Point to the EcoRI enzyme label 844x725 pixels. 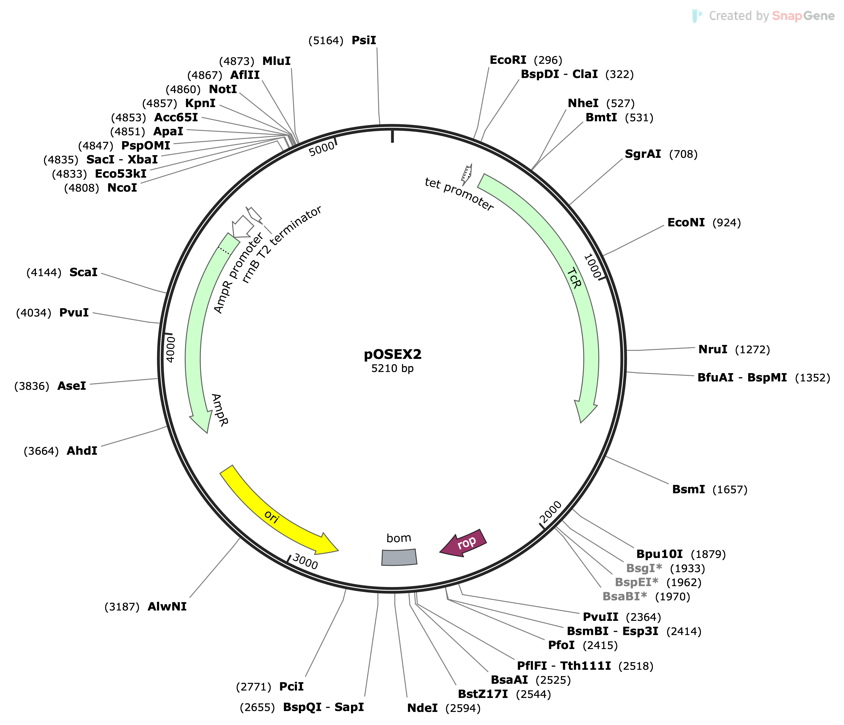click(508, 60)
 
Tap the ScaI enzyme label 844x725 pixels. click(83, 272)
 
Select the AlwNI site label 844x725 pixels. click(167, 607)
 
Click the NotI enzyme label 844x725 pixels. click(223, 89)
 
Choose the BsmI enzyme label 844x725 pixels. click(688, 489)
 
